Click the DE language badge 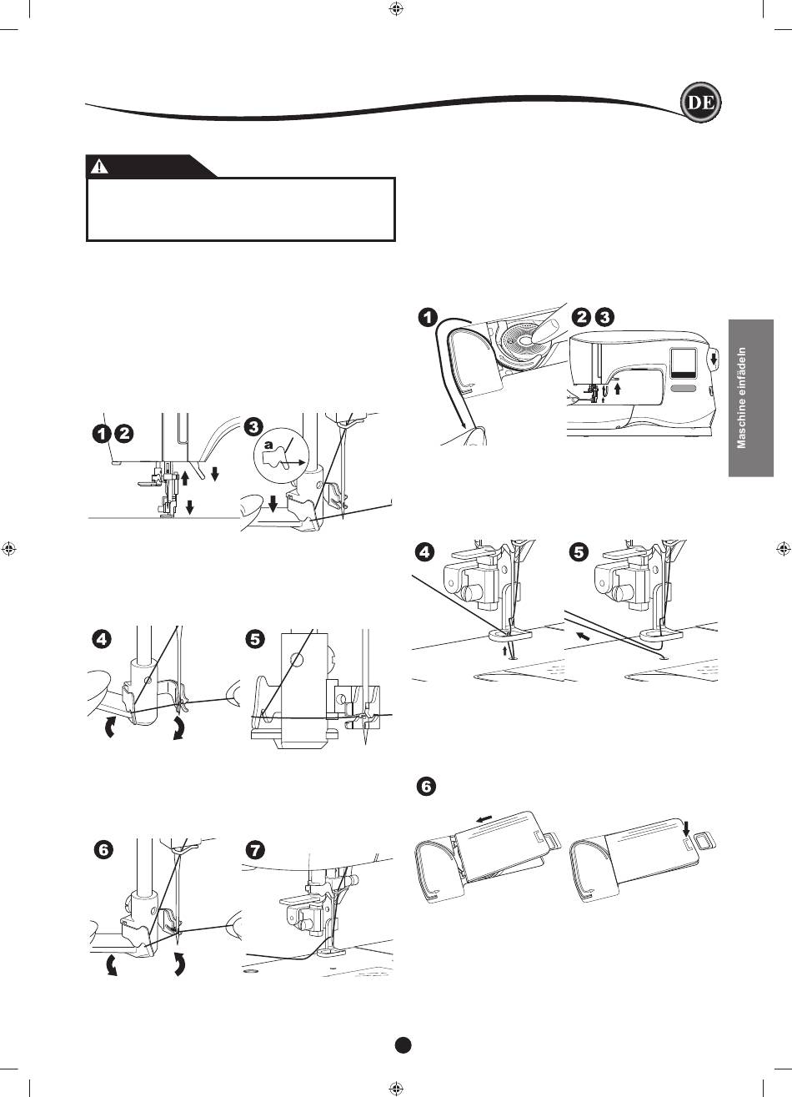point(701,103)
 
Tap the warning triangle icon point(99,167)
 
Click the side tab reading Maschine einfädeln point(751,398)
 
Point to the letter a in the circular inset point(268,445)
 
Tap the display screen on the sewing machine point(683,364)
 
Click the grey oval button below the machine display point(684,388)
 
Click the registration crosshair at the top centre point(395,8)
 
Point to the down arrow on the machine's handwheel point(714,359)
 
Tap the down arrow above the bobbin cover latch point(687,828)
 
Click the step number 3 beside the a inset point(253,427)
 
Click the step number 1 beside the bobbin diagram point(428,317)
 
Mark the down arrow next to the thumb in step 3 point(273,501)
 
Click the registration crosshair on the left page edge point(8,549)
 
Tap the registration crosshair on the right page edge point(784,549)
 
